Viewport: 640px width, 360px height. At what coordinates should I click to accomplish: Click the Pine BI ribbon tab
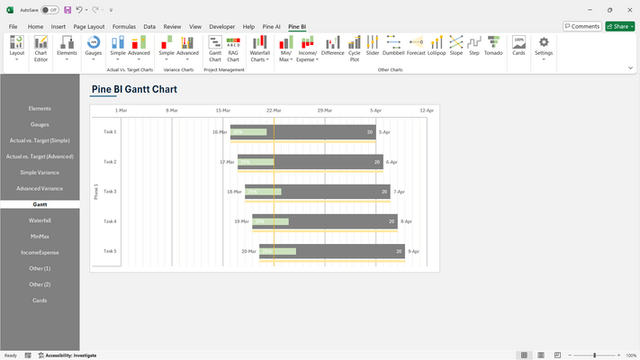tap(297, 27)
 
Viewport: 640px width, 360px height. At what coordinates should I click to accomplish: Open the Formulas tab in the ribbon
tap(124, 27)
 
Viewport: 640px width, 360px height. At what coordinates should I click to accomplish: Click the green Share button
tap(619, 27)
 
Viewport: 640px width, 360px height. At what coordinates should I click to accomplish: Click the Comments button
tap(581, 27)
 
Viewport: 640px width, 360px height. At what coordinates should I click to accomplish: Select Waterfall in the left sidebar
tap(40, 220)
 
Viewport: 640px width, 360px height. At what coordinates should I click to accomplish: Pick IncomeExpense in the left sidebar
tap(40, 253)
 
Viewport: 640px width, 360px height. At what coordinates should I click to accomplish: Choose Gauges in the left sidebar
tap(40, 125)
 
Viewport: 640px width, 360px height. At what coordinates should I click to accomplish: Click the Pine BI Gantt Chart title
tap(134, 89)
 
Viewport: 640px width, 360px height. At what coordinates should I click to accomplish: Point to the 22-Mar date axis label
tap(274, 110)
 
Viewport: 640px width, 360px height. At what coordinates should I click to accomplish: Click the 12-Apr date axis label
tap(427, 110)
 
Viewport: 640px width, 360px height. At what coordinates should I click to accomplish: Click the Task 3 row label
tap(110, 192)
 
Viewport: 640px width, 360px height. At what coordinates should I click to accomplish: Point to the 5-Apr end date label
tap(384, 132)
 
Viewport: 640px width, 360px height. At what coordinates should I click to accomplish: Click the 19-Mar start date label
tap(242, 221)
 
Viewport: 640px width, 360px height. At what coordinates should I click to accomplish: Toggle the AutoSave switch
tap(50, 9)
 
